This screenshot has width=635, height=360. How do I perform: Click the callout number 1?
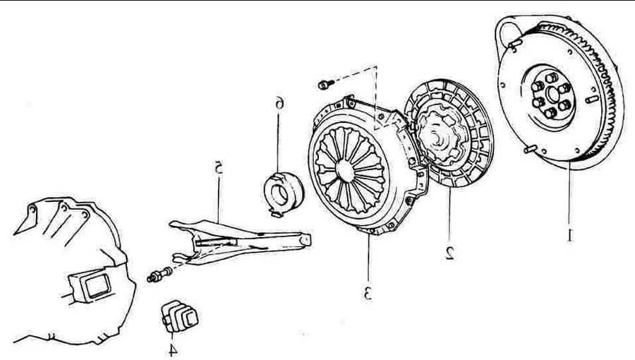pyautogui.click(x=570, y=234)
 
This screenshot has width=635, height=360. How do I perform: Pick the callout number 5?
pyautogui.click(x=219, y=169)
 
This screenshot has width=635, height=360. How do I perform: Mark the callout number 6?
pyautogui.click(x=280, y=104)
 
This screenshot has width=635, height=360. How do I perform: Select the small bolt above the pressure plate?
pyautogui.click(x=324, y=85)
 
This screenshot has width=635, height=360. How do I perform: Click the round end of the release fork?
pyautogui.click(x=305, y=241)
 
